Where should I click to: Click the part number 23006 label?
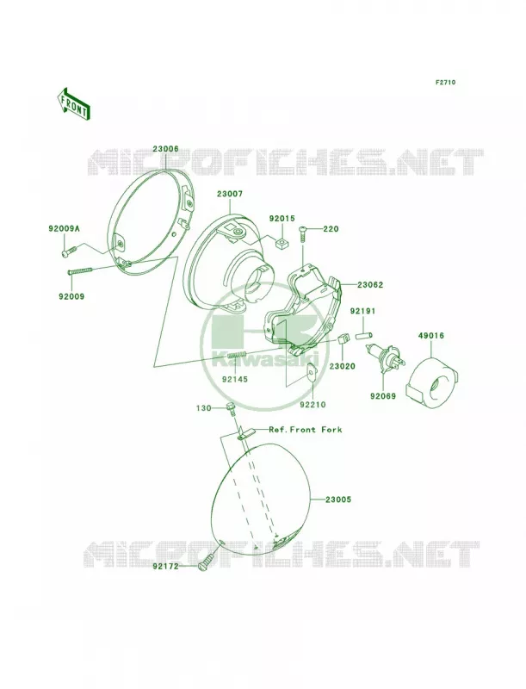click(x=165, y=149)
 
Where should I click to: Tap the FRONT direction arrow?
click(x=73, y=103)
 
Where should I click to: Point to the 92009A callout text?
click(x=64, y=228)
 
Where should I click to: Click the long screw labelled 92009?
click(x=81, y=270)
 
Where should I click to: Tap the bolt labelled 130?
click(x=231, y=409)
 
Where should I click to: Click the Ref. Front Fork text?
click(x=305, y=429)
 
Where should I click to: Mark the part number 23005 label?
click(x=338, y=500)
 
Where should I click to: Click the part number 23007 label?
click(x=228, y=193)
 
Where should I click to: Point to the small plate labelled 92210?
click(x=312, y=374)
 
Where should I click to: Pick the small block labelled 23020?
click(x=343, y=339)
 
